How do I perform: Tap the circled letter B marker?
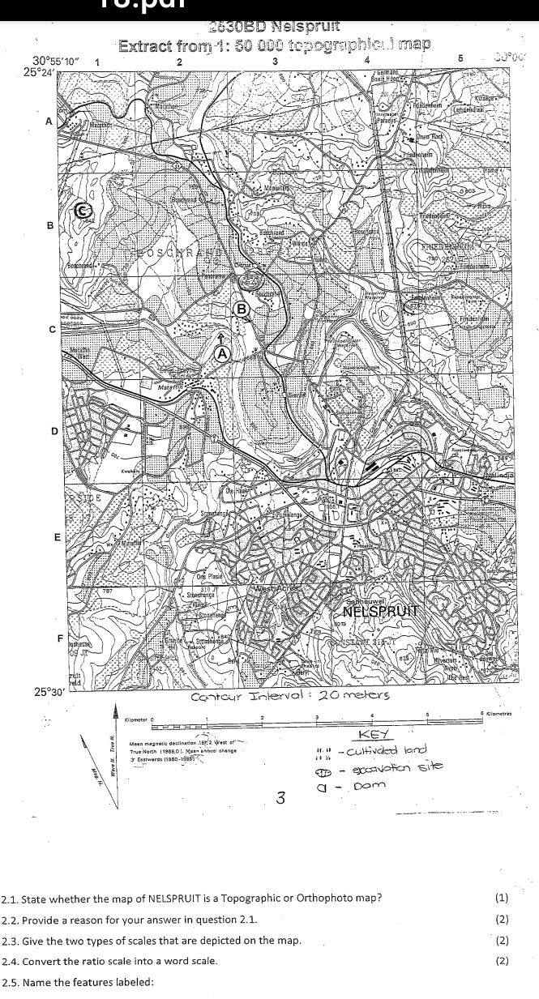click(x=242, y=308)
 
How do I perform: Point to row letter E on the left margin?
click(x=56, y=538)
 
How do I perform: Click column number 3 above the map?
click(x=276, y=62)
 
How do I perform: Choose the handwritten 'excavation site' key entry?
click(x=397, y=766)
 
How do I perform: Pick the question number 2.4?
click(x=11, y=961)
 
